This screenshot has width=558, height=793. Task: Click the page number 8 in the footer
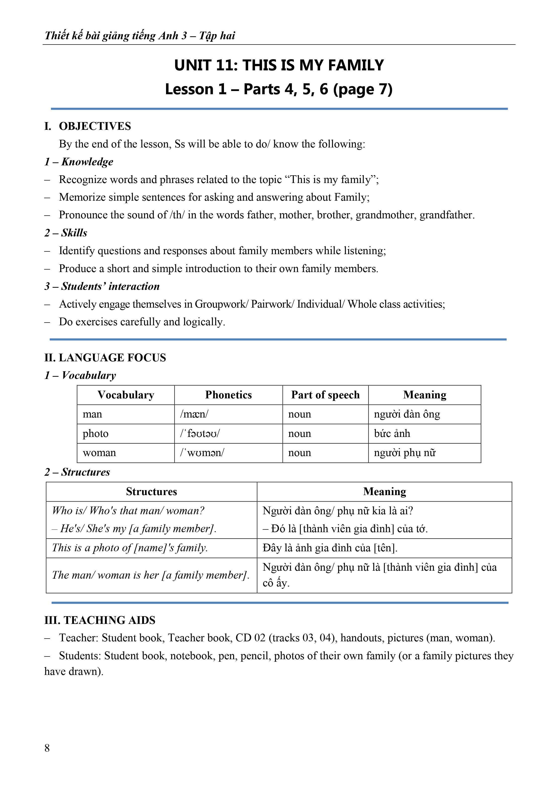(x=47, y=748)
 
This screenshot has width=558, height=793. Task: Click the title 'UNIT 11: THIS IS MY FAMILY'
(x=279, y=65)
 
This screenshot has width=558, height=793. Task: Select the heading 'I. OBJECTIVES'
(x=88, y=126)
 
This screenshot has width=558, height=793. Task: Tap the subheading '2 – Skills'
(x=66, y=233)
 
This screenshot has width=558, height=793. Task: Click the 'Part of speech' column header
(x=325, y=395)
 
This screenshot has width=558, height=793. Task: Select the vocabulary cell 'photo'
(x=96, y=433)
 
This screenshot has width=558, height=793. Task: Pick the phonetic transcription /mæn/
(x=194, y=414)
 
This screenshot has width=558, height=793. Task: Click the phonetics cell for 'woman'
(x=202, y=453)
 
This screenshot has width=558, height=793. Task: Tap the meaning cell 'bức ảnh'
(x=392, y=433)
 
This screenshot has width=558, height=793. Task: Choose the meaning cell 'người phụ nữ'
(x=405, y=453)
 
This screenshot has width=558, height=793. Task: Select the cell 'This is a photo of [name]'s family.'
(x=130, y=548)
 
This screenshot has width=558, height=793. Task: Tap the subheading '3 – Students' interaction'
(x=102, y=286)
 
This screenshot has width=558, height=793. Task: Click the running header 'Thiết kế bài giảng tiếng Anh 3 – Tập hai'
(x=140, y=36)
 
